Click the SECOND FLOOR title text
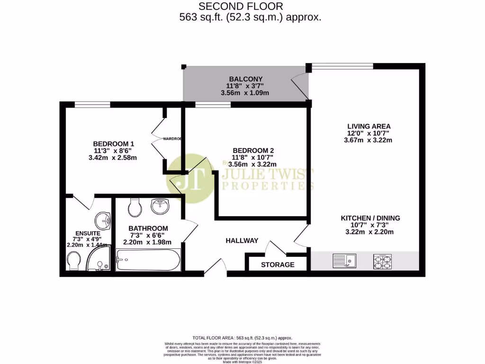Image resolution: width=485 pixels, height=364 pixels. pyautogui.click(x=241, y=7)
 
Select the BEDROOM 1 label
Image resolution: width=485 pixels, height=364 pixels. pyautogui.click(x=113, y=144)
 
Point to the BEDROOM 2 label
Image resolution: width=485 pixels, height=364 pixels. pyautogui.click(x=253, y=150)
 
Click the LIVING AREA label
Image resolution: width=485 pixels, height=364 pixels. pyautogui.click(x=368, y=126)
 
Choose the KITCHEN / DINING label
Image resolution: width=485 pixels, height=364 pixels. pyautogui.click(x=370, y=218)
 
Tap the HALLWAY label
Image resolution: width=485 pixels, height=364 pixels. pyautogui.click(x=242, y=241)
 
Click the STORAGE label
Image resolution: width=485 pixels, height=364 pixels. pyautogui.click(x=278, y=265)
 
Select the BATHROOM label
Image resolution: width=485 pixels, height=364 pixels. pyautogui.click(x=148, y=228)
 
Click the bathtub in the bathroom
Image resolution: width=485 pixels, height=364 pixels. pyautogui.click(x=148, y=260)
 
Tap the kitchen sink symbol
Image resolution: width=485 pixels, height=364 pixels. pyautogui.click(x=345, y=260)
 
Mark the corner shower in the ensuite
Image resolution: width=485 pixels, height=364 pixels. pyautogui.click(x=100, y=261)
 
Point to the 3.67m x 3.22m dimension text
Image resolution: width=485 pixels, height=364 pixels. pyautogui.click(x=368, y=140)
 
